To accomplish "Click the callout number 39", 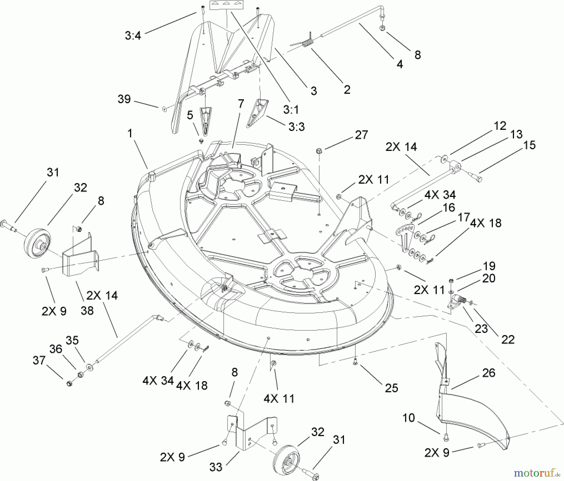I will point(124,99).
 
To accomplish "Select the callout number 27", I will point(361,135).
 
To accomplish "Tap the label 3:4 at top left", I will point(133,36).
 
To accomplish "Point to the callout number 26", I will point(488,373).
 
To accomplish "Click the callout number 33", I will point(216,467).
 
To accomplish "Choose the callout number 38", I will point(87,311).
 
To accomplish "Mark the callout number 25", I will point(391,388).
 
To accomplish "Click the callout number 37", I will point(39,361).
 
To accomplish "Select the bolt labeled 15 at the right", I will point(475,176).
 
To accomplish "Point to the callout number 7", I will point(241,104).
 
